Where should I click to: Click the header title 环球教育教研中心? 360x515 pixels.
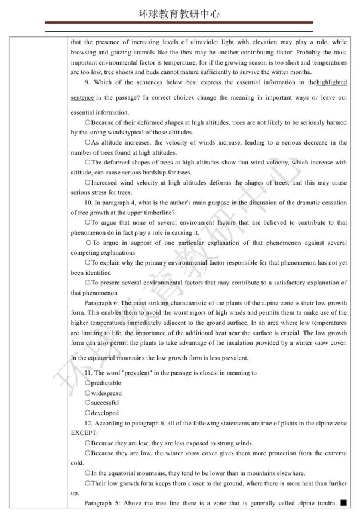(x=180, y=14)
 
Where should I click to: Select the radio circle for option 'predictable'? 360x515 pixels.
(x=88, y=383)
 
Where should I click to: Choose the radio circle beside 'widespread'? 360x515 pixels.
(x=88, y=393)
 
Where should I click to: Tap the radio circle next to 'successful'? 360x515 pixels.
(x=88, y=403)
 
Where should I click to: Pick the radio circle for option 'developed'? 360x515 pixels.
(x=88, y=413)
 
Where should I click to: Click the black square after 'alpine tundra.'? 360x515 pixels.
(x=343, y=503)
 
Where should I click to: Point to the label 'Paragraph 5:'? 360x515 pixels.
(x=101, y=504)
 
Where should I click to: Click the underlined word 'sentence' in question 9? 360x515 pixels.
(x=82, y=97)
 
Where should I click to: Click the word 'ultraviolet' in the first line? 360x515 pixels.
(x=214, y=42)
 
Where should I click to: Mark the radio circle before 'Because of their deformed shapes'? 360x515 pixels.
(x=88, y=122)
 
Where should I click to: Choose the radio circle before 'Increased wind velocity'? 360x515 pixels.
(x=88, y=183)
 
